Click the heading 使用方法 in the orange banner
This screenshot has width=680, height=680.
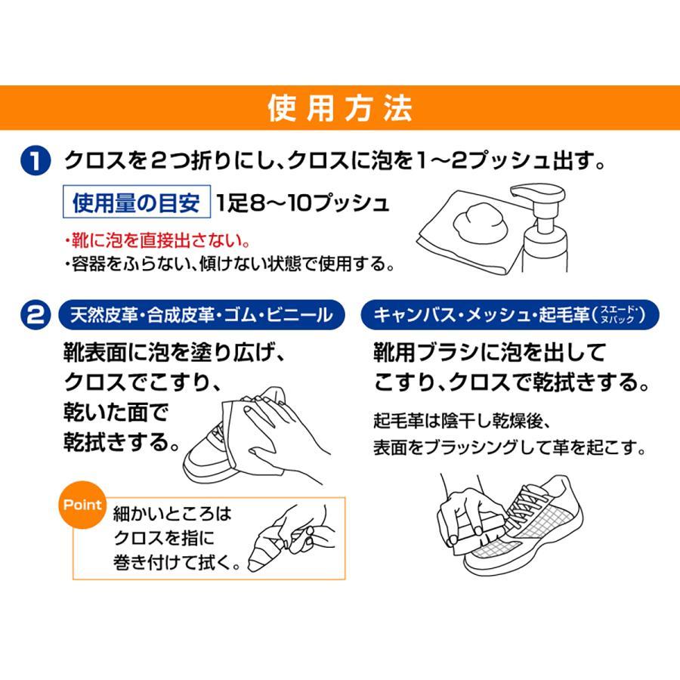[339, 108]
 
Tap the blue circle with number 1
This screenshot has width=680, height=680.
[36, 160]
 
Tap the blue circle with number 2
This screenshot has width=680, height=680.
[36, 314]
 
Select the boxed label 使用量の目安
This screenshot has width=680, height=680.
[137, 202]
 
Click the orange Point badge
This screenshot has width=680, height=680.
[82, 505]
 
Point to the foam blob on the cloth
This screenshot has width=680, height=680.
[480, 224]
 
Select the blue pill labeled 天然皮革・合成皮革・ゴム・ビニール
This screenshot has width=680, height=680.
[202, 315]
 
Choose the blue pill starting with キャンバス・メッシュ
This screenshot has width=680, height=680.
[510, 315]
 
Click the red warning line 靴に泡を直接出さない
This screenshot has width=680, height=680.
[157, 240]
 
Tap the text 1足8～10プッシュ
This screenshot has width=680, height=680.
[302, 202]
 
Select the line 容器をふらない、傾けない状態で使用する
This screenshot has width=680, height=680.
[229, 264]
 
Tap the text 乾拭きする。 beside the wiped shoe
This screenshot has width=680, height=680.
[122, 442]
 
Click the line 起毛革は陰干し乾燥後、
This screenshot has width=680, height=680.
[462, 420]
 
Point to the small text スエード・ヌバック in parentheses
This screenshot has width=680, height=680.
[617, 314]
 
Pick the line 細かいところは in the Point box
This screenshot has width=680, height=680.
[172, 514]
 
